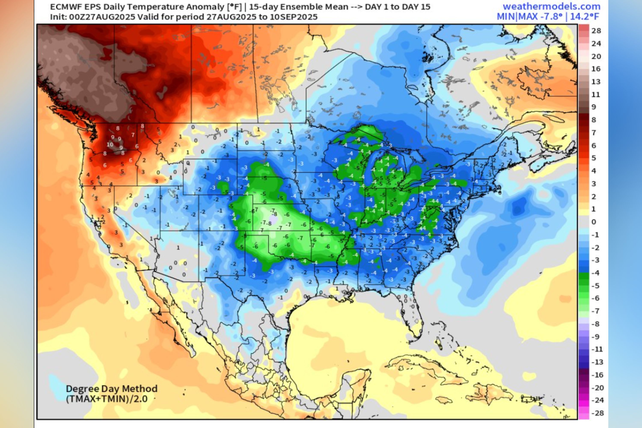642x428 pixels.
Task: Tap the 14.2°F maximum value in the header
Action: [x=584, y=17]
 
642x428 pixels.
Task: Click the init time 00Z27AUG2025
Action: [x=102, y=17]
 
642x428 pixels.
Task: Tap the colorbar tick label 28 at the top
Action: [x=596, y=31]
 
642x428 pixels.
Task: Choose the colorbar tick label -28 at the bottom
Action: [x=597, y=413]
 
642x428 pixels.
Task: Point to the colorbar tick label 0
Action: [x=594, y=222]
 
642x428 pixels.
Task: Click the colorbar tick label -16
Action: [x=597, y=375]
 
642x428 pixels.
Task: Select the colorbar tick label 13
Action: [x=596, y=82]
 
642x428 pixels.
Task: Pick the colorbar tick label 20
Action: [x=596, y=56]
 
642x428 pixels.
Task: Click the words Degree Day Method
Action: [x=112, y=388]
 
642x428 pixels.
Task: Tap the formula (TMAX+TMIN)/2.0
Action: [x=107, y=399]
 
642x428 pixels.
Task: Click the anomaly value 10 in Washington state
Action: [x=110, y=144]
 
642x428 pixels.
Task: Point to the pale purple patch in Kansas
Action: [x=273, y=219]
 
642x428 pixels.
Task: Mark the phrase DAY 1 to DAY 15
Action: [x=397, y=7]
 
